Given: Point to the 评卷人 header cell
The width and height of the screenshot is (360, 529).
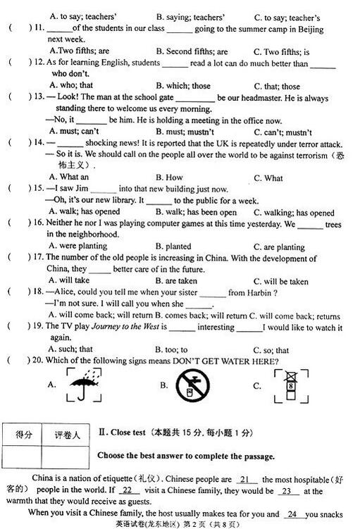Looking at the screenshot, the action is click(67, 435).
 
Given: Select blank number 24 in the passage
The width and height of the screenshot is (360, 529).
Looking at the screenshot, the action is click(295, 514).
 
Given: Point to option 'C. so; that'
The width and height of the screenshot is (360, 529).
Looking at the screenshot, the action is click(271, 350).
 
